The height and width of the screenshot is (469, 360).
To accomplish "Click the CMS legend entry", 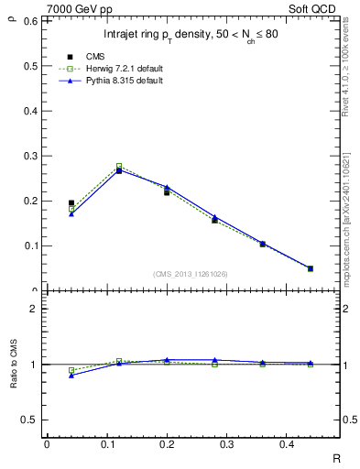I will click(95, 57).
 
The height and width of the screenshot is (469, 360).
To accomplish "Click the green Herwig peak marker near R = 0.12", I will click(119, 167).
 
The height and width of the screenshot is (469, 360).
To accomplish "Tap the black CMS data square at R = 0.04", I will click(71, 203).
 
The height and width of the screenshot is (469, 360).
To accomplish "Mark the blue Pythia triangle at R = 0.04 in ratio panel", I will click(71, 376).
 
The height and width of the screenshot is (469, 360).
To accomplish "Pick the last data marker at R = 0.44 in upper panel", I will click(310, 268).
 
